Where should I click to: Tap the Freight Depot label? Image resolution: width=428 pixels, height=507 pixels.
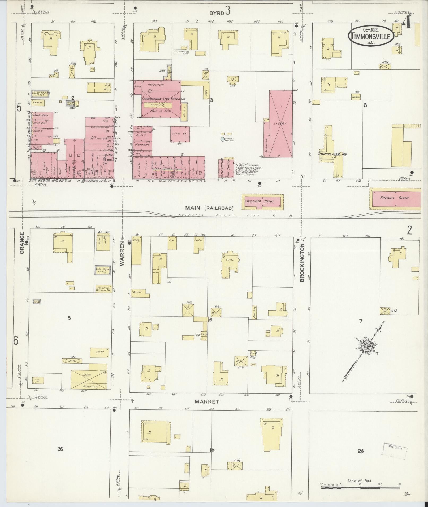tap(395, 198)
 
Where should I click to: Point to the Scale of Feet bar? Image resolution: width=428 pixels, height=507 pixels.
tap(360, 487)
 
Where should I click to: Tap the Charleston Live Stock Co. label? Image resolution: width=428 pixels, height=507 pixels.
tap(163, 99)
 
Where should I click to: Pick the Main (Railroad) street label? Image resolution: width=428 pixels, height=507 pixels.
tap(211, 208)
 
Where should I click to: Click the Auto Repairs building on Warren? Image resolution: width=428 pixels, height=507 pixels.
tap(103, 270)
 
